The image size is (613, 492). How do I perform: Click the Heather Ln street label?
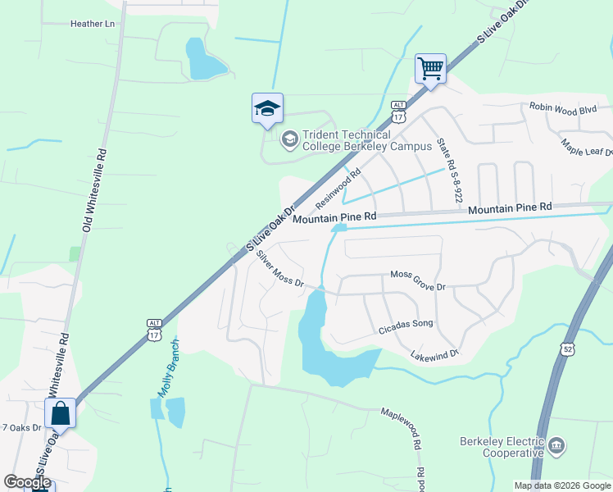(93, 24)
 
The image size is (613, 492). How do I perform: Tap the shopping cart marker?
(430, 68)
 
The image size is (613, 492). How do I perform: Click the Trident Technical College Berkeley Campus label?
(366, 140)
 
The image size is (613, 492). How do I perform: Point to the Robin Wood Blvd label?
(562, 107)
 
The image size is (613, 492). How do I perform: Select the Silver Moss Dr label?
(279, 269)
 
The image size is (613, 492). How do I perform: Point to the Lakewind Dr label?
(434, 354)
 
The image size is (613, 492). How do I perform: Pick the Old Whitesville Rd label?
(93, 189)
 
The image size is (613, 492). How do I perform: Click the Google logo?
(27, 482)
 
